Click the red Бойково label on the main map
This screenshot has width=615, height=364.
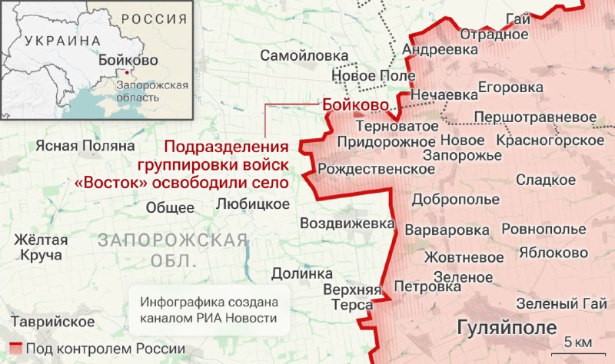tap(354, 105)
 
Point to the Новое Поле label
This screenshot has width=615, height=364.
tap(373, 75)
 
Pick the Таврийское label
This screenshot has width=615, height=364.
tap(51, 320)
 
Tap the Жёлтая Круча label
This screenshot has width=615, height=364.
tap(42, 247)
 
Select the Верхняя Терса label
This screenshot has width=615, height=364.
tap(353, 296)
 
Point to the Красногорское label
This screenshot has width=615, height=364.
tap(550, 141)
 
